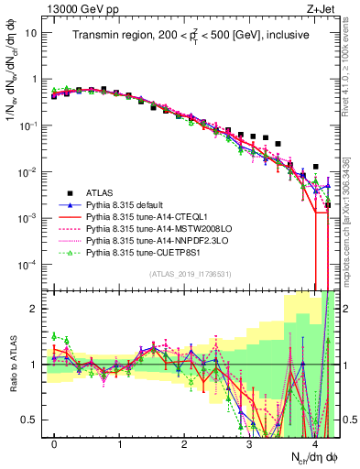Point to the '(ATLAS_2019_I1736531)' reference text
point(190,274)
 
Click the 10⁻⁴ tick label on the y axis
point(26,265)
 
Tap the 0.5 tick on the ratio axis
point(28,420)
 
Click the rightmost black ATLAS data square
point(328,206)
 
